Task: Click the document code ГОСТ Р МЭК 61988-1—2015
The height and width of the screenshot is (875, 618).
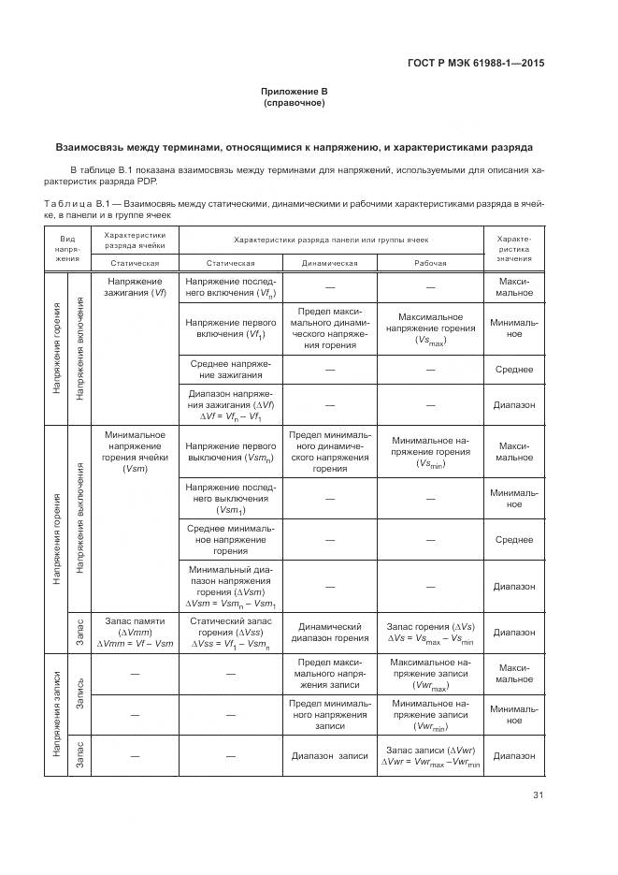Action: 477,64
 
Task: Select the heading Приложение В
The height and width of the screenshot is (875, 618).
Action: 295,92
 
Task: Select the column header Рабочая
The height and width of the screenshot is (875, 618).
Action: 430,263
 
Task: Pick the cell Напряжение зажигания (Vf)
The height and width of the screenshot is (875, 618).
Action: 136,286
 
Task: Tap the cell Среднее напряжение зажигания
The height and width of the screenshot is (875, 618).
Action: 231,369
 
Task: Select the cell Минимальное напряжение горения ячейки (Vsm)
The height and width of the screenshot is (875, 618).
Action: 136,451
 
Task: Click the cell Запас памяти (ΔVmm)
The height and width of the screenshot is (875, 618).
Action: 136,633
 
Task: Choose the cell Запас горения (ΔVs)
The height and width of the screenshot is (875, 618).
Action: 430,633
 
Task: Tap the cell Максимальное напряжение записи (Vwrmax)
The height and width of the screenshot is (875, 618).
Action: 430,675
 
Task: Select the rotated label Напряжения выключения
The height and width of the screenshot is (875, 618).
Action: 80,518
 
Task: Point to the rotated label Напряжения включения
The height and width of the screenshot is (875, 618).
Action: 80,348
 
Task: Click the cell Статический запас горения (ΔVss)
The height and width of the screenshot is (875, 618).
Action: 231,633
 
